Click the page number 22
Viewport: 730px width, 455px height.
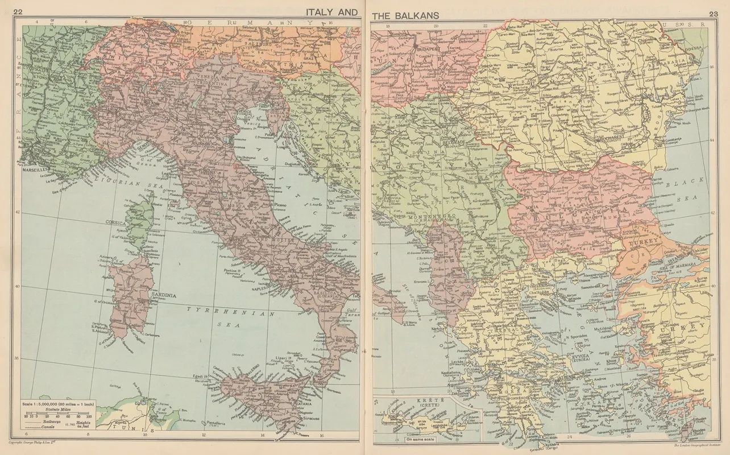[x=18, y=12]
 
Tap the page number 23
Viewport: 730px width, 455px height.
[x=711, y=13]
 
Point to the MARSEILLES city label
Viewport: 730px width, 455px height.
[x=32, y=170]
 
